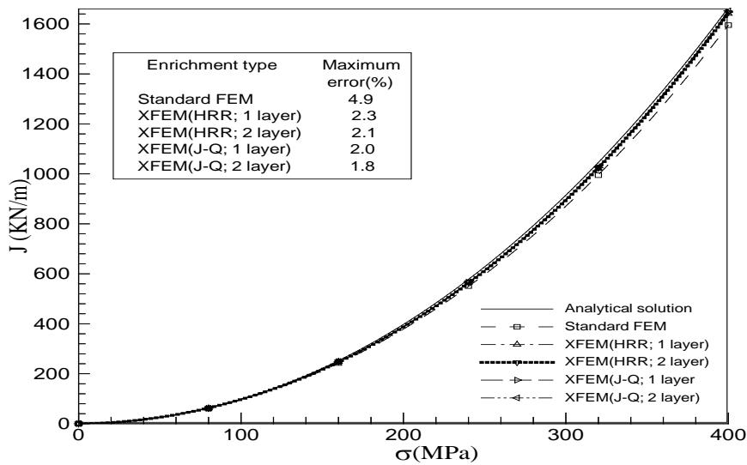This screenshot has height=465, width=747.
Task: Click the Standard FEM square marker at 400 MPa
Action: click(728, 25)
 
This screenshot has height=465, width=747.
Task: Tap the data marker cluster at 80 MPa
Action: click(208, 408)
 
